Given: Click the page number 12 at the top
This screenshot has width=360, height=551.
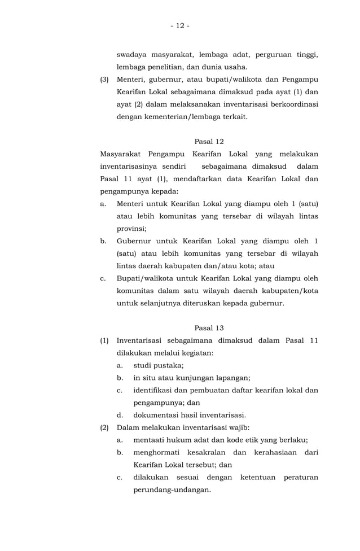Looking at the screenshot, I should [179, 25].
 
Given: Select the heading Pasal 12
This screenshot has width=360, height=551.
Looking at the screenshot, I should [209, 141].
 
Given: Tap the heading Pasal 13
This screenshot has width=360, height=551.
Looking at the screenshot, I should [209, 327].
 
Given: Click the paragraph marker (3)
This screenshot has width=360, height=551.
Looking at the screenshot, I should [104, 79].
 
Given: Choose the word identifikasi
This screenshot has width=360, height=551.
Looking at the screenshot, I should [156, 390].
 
